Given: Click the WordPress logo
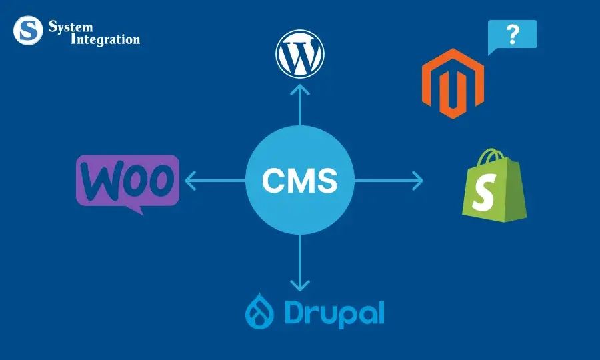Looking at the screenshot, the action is click(x=300, y=54).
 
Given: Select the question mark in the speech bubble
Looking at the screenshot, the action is click(x=513, y=35).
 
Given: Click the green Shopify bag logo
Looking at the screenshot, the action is click(x=495, y=185).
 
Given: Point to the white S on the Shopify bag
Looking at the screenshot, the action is click(x=484, y=192).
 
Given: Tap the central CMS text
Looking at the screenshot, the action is click(x=300, y=180).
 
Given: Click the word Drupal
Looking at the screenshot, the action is click(x=335, y=314).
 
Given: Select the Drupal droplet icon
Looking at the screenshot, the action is click(x=259, y=311).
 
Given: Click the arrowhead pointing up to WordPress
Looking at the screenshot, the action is click(x=300, y=90).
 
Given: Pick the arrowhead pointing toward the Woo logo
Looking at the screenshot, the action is click(x=190, y=180).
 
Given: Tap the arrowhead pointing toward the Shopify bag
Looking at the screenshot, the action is click(x=417, y=180).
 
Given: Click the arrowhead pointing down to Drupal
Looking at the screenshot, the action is click(x=300, y=285).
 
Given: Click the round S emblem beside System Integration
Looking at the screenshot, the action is click(x=28, y=30).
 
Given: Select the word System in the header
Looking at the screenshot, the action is click(x=71, y=27).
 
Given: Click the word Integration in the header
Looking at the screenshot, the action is click(x=105, y=39).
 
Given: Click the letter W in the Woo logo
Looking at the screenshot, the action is click(x=99, y=180).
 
